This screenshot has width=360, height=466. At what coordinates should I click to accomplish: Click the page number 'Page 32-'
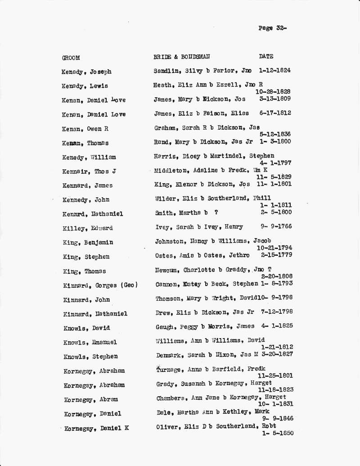[x=272, y=28]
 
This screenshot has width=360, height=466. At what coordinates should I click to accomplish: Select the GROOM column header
[x=71, y=58]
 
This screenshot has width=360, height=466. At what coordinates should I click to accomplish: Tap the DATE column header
[x=266, y=56]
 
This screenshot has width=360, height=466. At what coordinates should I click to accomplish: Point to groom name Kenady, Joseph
[x=86, y=72]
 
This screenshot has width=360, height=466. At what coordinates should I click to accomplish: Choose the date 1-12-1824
[x=274, y=70]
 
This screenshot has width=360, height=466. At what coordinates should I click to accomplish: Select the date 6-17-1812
[x=275, y=113]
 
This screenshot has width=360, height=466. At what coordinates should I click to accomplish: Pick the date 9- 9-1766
[x=276, y=226]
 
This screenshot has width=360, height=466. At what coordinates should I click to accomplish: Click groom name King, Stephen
[x=86, y=257]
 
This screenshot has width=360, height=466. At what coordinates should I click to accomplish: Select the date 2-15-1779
[x=276, y=255]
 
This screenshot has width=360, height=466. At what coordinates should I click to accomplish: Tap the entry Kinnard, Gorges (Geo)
[x=100, y=285]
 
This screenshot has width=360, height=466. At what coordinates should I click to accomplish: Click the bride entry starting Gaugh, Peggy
[x=204, y=326]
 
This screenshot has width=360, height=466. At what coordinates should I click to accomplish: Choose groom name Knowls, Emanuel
[x=90, y=343]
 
